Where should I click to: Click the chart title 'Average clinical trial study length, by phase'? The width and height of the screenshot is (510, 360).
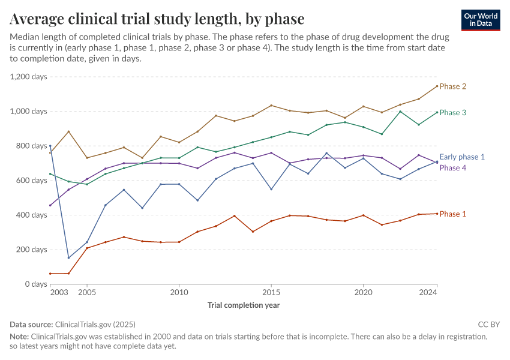[157, 19]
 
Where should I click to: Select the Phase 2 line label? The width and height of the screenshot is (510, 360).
[453, 86]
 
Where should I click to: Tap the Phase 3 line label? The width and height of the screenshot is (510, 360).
[453, 113]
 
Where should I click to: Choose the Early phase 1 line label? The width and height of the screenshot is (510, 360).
[462, 157]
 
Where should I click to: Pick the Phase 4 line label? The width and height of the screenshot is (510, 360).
[453, 168]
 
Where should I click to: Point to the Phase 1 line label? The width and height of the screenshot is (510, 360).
[453, 214]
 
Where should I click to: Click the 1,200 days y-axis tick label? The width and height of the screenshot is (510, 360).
[28, 77]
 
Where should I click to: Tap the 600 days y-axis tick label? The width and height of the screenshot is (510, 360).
[31, 181]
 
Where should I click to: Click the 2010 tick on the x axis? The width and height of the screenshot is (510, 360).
[179, 293]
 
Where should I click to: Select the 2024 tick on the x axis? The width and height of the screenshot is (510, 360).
[428, 293]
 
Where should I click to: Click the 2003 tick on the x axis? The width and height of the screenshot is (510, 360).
[58, 293]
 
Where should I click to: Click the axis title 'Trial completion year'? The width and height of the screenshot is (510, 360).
[243, 305]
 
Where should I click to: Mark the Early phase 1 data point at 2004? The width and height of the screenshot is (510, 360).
[68, 258]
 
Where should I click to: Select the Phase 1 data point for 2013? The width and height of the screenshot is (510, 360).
[235, 216]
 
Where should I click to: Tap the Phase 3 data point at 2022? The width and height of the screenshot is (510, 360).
[400, 112]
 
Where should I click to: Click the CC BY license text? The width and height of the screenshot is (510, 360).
[488, 324]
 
